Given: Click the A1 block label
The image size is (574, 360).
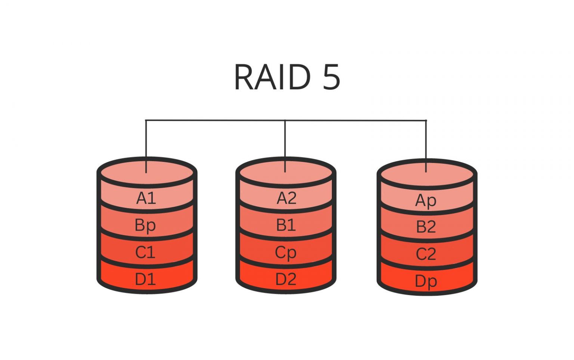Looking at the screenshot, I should pos(146,198).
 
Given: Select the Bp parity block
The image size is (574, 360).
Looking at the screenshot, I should pos(145,225).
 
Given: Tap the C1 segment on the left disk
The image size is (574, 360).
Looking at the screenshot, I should pos(145,252).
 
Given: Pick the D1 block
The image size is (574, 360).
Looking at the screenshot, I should pos(145,279).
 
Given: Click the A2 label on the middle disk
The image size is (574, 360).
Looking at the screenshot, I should pos(286,198).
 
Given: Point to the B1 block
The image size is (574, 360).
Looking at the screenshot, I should pos(286,225).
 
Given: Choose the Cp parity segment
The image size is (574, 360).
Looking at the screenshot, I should pos(286,253).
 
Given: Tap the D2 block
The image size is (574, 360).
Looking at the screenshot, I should pos(286,279).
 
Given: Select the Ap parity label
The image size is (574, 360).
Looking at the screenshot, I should pos(426,201).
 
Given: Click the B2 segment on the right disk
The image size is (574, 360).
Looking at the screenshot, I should pos(426,227).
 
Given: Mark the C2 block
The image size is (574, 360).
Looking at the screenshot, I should pos(426,254).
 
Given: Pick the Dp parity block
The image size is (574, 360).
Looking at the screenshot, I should pos(426,281).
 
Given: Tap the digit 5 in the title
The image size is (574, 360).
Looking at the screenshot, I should pos(331,77).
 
